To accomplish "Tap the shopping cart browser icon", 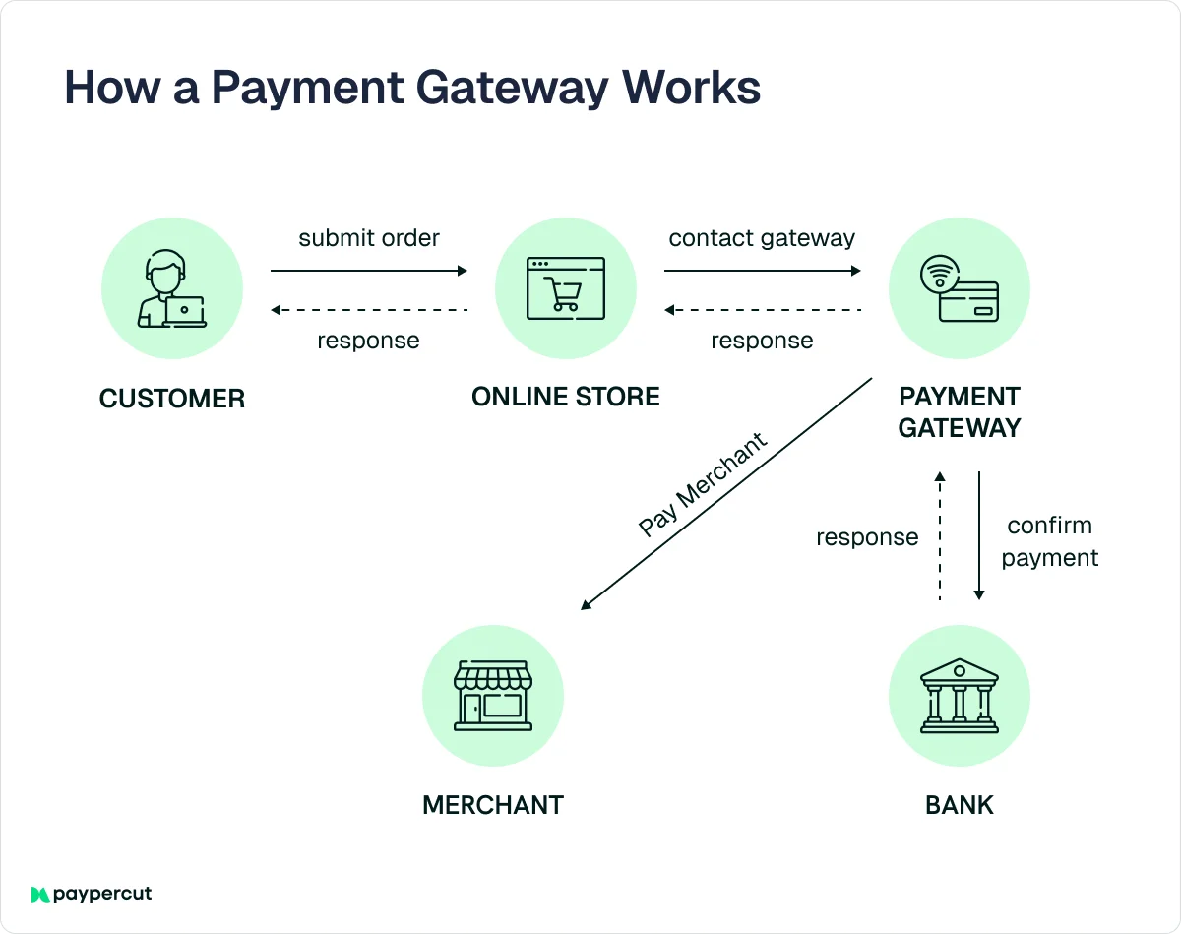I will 566,289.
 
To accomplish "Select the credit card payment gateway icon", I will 960,289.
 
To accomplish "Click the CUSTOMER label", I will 172,399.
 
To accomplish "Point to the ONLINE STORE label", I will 566,398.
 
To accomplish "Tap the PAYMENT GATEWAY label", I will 960,412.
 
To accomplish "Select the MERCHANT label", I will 493,805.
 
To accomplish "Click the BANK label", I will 960,805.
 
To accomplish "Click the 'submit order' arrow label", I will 369,238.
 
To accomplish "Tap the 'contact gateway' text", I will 762,238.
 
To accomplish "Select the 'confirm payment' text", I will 1049,541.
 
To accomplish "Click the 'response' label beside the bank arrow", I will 867,537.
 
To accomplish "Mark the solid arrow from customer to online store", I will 369,271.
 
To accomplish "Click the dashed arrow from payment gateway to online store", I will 763,310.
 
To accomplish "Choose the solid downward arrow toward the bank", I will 979,535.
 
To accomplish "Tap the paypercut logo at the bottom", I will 92,894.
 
